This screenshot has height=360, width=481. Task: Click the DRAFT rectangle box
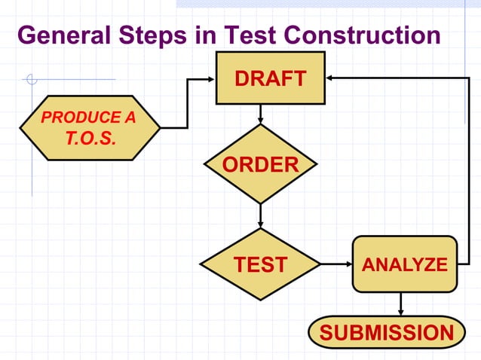point(271,78)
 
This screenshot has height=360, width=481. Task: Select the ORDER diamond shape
point(260,164)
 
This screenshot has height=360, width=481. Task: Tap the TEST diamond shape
point(260,264)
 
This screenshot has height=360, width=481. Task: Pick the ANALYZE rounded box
point(405,264)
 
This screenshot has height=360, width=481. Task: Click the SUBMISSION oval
point(387,332)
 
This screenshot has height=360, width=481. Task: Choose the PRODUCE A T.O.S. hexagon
point(90,127)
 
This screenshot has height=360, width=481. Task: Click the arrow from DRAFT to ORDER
point(260,114)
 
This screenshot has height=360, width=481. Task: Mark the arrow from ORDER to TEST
point(260,215)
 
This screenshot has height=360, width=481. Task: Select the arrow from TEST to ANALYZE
point(336,264)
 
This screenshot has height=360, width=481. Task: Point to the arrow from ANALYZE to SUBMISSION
point(400,304)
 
